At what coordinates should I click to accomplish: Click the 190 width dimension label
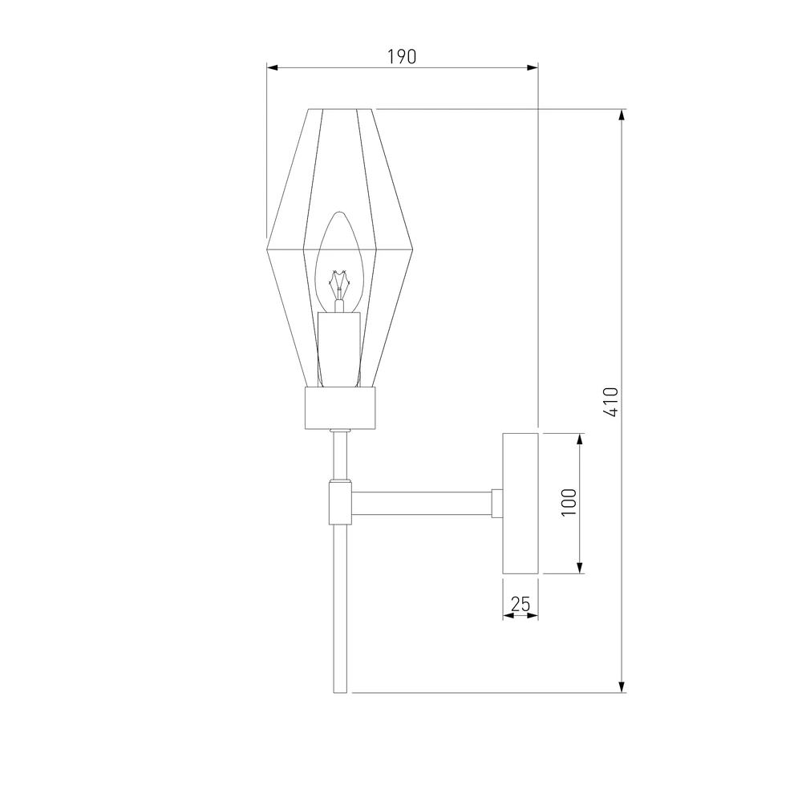(402, 57)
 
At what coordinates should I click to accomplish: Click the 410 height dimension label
(611, 402)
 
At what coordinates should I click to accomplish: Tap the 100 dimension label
(569, 502)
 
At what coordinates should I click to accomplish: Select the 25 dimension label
(520, 604)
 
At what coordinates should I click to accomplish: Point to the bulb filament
(338, 286)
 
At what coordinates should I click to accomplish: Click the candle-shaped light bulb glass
(339, 261)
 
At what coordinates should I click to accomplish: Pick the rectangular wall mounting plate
(520, 504)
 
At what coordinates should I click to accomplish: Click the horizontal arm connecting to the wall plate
(422, 503)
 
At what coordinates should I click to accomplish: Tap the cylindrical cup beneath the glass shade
(340, 407)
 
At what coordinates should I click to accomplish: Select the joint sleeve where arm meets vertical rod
(340, 504)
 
